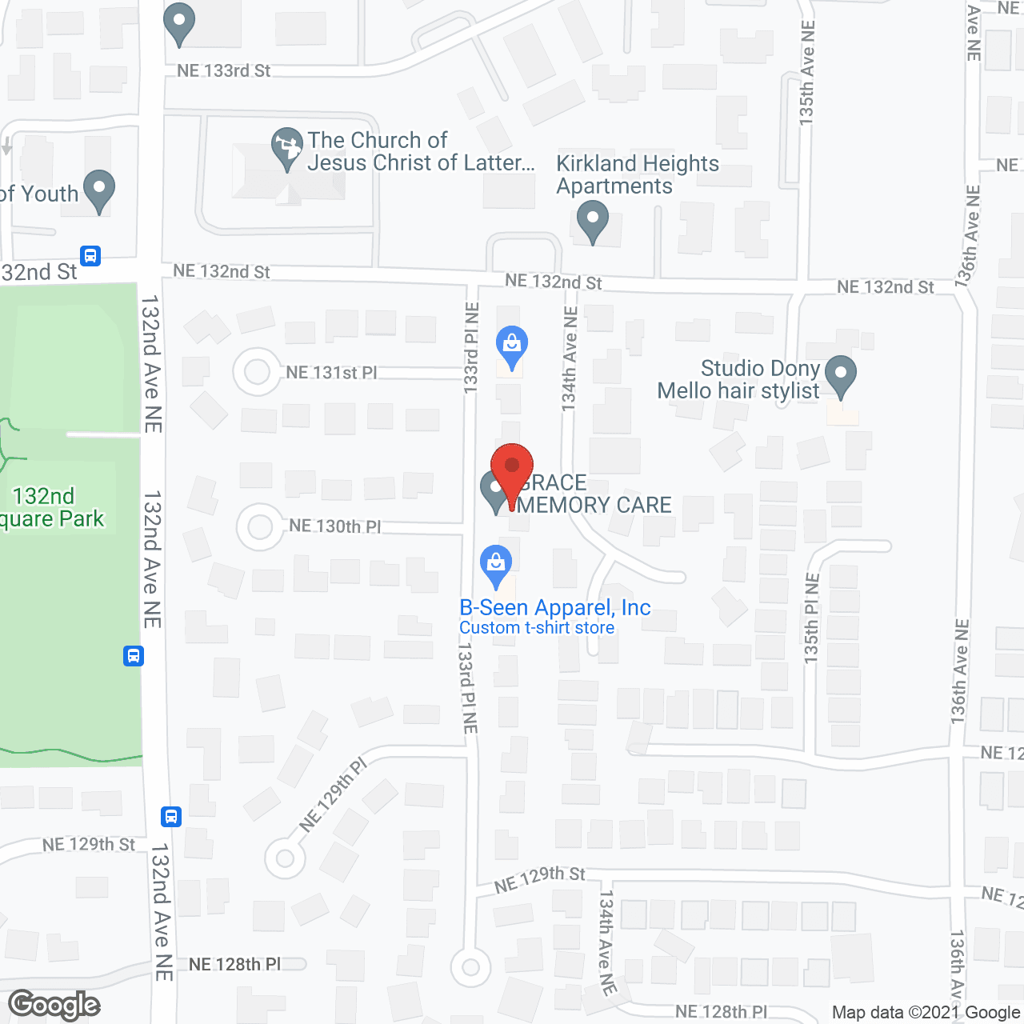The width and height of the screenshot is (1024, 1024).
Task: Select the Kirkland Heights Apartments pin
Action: click(x=592, y=220)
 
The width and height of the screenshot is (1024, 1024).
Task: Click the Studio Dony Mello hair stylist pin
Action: click(x=840, y=374)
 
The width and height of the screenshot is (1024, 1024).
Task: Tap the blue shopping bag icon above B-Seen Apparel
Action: click(x=496, y=565)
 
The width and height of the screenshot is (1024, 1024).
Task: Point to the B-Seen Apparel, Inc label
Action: click(x=554, y=607)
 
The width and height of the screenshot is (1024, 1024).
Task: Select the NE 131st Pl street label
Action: click(x=331, y=373)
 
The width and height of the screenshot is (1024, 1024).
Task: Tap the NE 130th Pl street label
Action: click(x=334, y=526)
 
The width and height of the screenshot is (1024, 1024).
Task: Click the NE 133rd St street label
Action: click(x=224, y=71)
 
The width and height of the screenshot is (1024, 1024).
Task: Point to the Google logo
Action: click(x=54, y=1005)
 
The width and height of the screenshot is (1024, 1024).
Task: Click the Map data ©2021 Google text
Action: click(x=926, y=1012)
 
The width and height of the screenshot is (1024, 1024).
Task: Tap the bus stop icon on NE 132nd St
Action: click(x=90, y=256)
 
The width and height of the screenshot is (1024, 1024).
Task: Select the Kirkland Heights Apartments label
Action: click(x=637, y=174)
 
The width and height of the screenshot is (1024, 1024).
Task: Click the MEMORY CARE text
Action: click(x=595, y=506)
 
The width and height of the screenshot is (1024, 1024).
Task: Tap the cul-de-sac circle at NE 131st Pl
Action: click(x=257, y=371)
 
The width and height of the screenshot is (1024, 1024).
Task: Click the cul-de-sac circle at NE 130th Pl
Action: click(x=260, y=527)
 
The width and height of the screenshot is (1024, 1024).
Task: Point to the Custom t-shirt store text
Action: click(x=537, y=628)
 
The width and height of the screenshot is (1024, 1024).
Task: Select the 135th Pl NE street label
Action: click(x=812, y=618)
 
